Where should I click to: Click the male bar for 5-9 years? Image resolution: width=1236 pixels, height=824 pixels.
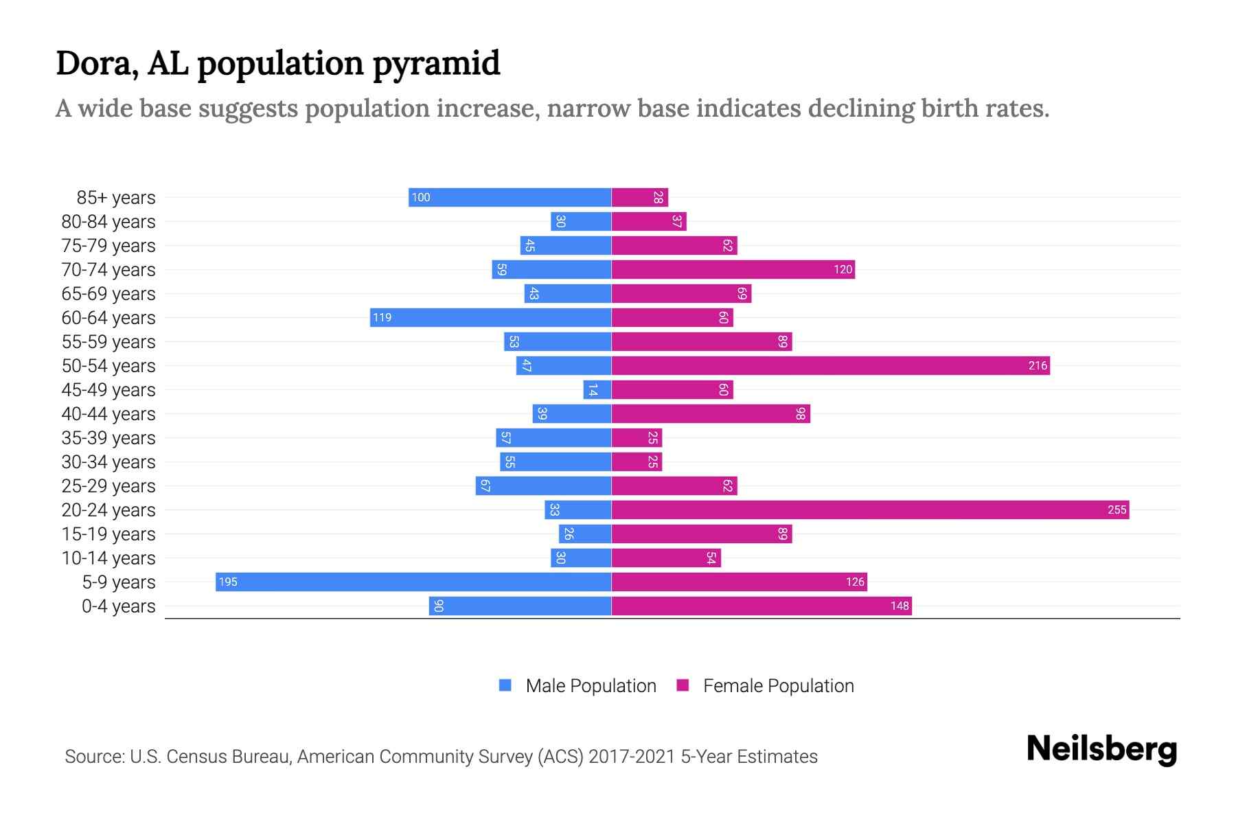(x=413, y=582)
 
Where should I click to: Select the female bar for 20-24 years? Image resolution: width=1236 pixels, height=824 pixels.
(x=870, y=510)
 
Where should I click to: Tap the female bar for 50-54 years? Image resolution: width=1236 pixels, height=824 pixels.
(x=830, y=365)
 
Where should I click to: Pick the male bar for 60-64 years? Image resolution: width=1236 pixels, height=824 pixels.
(x=490, y=317)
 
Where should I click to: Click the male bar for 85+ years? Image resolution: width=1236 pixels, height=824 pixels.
(x=510, y=197)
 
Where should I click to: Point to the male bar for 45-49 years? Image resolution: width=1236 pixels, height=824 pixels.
(x=597, y=389)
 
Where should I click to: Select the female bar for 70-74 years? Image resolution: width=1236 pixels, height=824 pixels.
(x=733, y=269)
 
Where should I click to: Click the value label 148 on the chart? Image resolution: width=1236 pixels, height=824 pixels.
(x=900, y=606)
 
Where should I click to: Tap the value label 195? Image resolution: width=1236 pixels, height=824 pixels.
(x=227, y=582)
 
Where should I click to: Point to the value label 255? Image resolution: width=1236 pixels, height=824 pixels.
(x=1117, y=510)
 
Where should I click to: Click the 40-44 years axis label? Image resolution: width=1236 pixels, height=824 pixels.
(x=108, y=414)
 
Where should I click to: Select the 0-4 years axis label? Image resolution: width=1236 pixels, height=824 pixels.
(x=118, y=606)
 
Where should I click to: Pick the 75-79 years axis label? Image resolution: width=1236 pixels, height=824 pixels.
(x=108, y=246)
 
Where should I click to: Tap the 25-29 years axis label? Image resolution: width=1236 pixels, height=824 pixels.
(x=108, y=486)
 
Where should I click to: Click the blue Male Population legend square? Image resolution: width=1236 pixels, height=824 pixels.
(x=505, y=685)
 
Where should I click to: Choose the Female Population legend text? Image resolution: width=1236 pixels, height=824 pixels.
(x=778, y=686)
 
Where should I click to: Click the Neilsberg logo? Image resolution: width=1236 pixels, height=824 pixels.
(x=1101, y=749)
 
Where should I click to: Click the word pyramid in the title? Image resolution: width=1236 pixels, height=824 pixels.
(x=437, y=64)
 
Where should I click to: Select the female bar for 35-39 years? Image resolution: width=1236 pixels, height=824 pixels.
(x=637, y=437)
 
